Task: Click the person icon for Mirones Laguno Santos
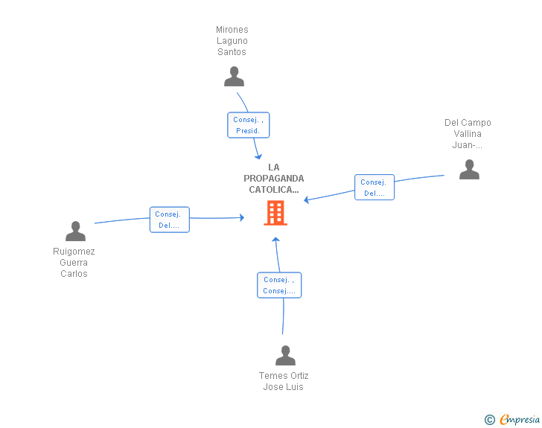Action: pyautogui.click(x=234, y=77)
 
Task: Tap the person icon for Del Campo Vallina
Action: pyautogui.click(x=469, y=170)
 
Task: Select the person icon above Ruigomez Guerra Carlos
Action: pyautogui.click(x=75, y=231)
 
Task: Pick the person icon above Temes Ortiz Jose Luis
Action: pyautogui.click(x=285, y=355)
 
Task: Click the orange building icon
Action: pyautogui.click(x=275, y=213)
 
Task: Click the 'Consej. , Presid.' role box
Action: pyautogui.click(x=248, y=125)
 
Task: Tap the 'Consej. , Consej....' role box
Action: pyautogui.click(x=279, y=285)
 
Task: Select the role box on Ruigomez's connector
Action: pyautogui.click(x=170, y=220)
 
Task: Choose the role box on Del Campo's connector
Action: pyautogui.click(x=374, y=188)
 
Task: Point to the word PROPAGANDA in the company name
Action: pyautogui.click(x=274, y=179)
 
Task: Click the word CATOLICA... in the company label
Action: pyautogui.click(x=274, y=190)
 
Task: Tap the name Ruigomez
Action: pyautogui.click(x=74, y=252)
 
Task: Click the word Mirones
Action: pyautogui.click(x=232, y=30)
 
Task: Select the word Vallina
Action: pyautogui.click(x=468, y=134)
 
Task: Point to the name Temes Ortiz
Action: pyautogui.click(x=284, y=375)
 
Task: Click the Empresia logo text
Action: pyautogui.click(x=520, y=419)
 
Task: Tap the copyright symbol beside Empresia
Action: pyautogui.click(x=490, y=420)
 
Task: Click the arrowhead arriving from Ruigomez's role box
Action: pyautogui.click(x=242, y=217)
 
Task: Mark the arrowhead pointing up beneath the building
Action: pyautogui.click(x=275, y=239)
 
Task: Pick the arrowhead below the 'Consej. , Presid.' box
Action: pyautogui.click(x=258, y=156)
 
